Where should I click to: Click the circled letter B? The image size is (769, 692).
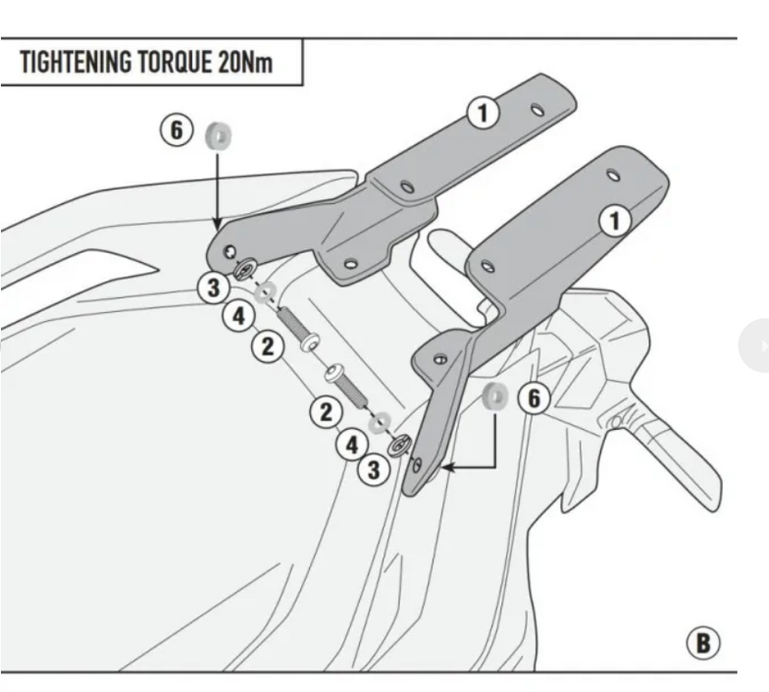coord(703,642)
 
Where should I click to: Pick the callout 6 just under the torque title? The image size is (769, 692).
coord(176,130)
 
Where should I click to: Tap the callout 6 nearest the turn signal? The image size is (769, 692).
coord(533,399)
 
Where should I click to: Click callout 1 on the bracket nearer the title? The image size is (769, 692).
coord(482,113)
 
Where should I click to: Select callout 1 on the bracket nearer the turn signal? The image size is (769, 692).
coord(615,221)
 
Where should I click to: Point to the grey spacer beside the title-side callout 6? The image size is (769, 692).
coord(218,137)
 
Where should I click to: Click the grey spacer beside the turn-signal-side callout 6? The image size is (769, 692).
coord(495,397)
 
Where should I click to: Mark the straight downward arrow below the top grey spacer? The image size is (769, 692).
coord(217,189)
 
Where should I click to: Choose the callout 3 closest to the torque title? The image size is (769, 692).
coord(213,287)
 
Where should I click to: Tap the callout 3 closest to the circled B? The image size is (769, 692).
coord(373,471)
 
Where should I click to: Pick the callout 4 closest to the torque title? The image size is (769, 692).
coord(238,316)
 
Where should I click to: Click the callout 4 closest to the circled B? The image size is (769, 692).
coord(352,445)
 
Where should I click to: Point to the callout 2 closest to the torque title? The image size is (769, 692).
coord(267,347)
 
